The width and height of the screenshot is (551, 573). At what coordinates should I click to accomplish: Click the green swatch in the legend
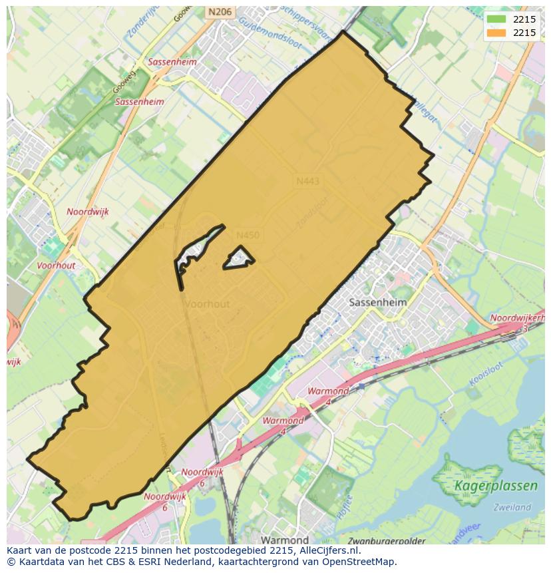click(x=496, y=19)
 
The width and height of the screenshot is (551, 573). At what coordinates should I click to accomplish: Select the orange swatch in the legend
click(x=496, y=33)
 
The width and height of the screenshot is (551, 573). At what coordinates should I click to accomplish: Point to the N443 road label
click(x=308, y=180)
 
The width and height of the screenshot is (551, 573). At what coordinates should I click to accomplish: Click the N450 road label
click(x=248, y=235)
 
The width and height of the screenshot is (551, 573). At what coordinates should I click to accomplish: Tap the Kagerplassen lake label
click(x=496, y=486)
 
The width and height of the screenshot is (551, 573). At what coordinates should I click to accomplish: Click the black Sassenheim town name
click(x=377, y=301)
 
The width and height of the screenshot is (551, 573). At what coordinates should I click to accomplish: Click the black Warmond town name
click(x=284, y=540)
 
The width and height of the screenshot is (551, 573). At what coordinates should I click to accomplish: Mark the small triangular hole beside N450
click(x=238, y=258)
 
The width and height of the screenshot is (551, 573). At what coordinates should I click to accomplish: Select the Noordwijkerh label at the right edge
click(x=518, y=318)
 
